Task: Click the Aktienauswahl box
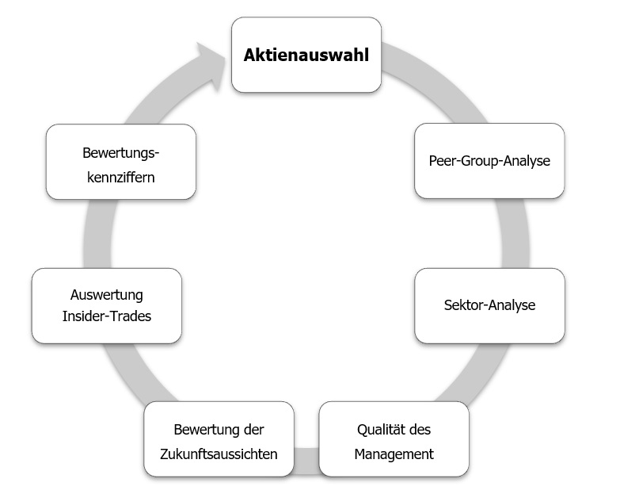click(x=306, y=56)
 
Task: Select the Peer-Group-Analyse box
click(x=489, y=160)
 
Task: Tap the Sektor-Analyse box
click(x=489, y=305)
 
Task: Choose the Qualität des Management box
click(x=394, y=438)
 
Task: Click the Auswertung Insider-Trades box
click(x=107, y=305)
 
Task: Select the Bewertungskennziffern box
click(x=121, y=161)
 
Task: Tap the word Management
click(x=394, y=454)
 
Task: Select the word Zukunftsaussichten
click(x=219, y=454)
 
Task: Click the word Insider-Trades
click(x=107, y=316)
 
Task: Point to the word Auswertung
click(x=107, y=295)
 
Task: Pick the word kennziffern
click(x=121, y=176)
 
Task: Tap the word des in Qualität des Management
click(x=421, y=429)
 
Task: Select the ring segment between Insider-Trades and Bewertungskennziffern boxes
click(x=97, y=233)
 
